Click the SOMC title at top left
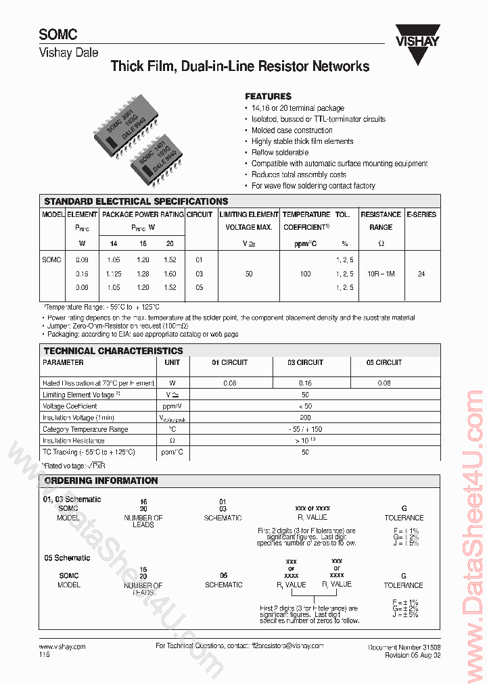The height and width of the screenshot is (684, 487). coord(57,35)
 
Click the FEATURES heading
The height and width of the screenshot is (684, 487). coord(268,97)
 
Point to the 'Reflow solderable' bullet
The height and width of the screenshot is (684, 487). coord(279,153)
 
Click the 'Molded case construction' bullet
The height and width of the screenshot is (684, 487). coord(292,130)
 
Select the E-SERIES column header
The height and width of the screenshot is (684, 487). coord(421,214)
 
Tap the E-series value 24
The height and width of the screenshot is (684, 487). coord(421,274)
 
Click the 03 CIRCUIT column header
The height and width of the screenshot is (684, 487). coord(305,363)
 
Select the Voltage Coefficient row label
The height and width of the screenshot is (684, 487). coord(70,406)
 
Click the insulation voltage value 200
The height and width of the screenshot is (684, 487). coord(305,418)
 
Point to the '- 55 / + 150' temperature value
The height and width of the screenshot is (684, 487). coord(305,429)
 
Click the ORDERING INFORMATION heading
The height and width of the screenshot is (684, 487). coord(101,481)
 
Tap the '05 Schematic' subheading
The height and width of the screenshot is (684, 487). coord(67,558)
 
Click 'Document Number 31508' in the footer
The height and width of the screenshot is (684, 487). coord(404,647)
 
